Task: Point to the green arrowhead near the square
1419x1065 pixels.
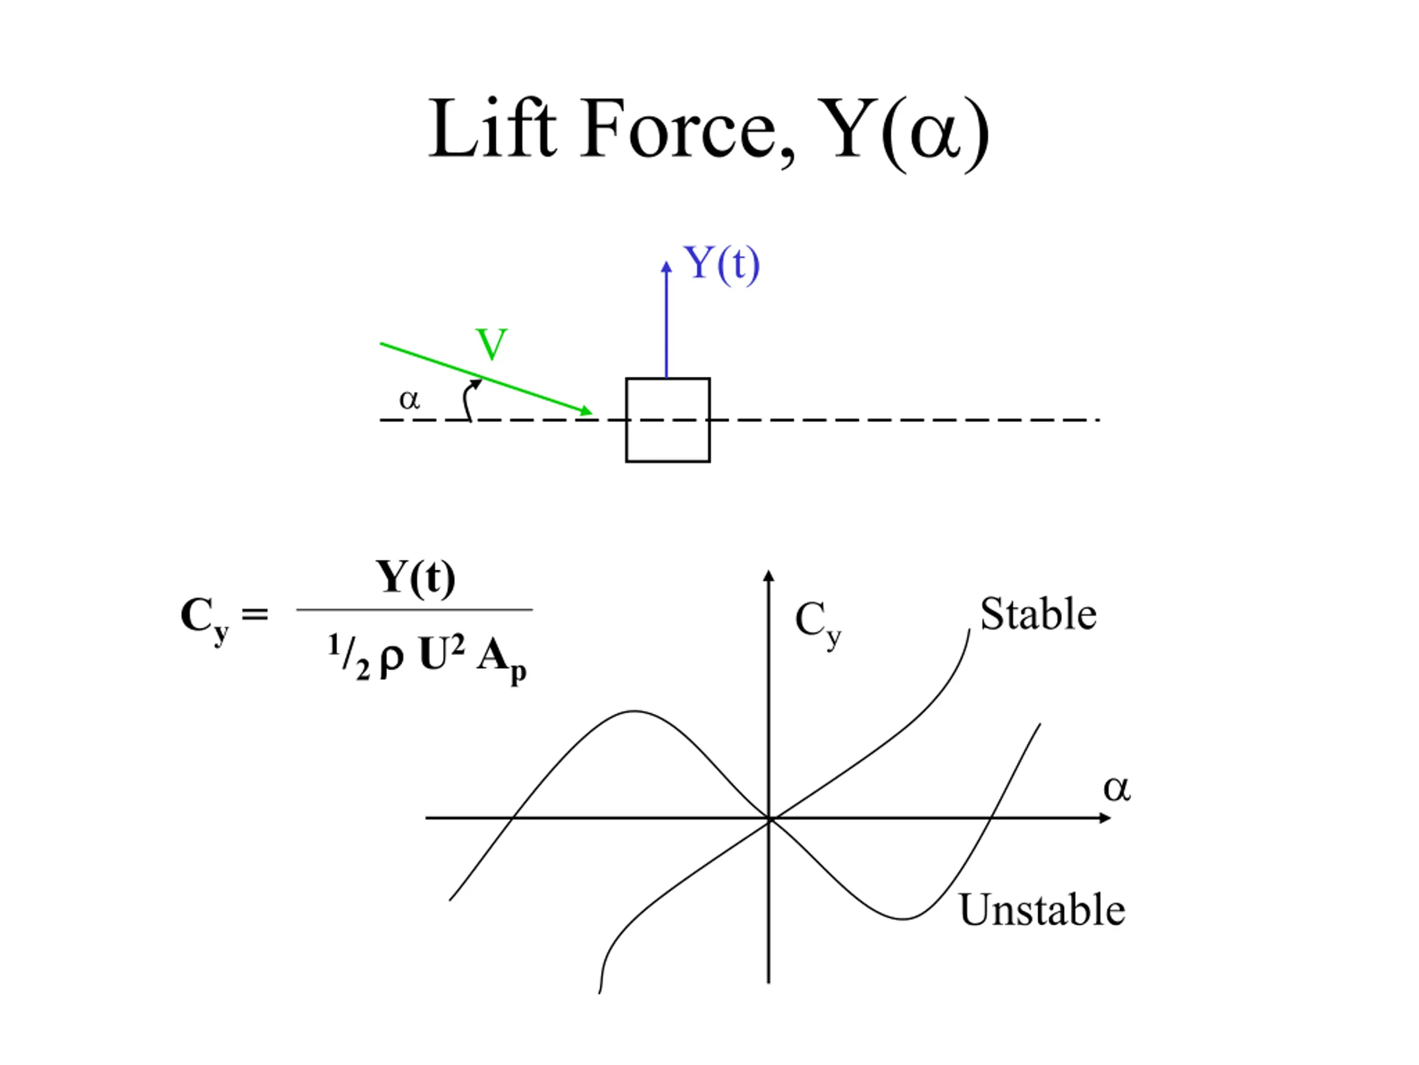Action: tap(586, 411)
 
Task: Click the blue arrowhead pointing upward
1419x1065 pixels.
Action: tap(666, 267)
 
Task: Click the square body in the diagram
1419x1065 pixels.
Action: tap(668, 420)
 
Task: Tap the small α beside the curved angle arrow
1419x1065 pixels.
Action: tap(409, 400)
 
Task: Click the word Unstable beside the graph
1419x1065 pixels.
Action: tap(1042, 910)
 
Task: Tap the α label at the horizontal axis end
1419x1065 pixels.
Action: tap(1117, 788)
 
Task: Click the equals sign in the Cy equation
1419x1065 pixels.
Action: tap(254, 615)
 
